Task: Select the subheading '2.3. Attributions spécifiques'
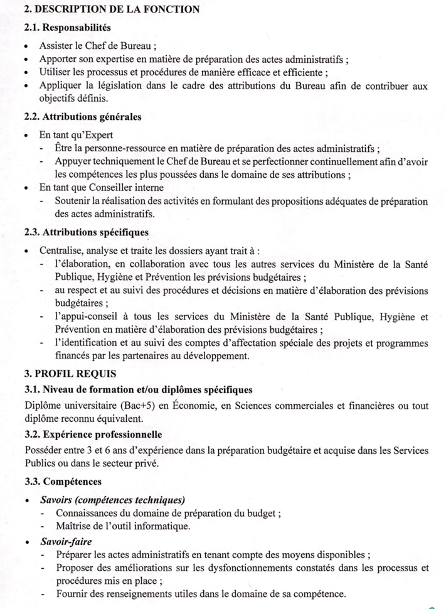coord(87,232)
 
